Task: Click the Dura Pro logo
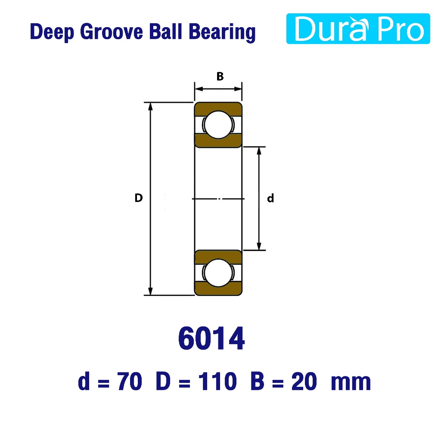coord(358,29)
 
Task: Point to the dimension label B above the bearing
coord(220,76)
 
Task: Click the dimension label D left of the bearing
coord(139,198)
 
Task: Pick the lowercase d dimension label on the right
coord(270,198)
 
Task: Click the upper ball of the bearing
coord(218,124)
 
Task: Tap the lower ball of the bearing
coord(218,273)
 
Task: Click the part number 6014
coord(211,338)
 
